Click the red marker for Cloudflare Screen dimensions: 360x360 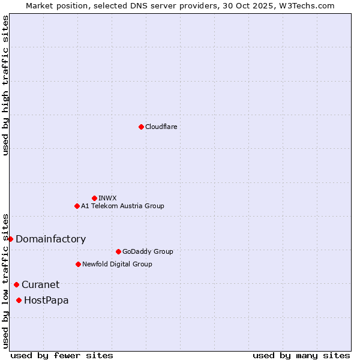141,127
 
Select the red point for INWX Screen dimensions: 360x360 94,198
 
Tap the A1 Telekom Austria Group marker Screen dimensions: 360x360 77,206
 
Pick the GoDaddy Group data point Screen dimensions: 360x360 118,251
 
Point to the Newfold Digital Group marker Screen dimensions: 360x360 78,264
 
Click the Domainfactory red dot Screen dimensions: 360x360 10,239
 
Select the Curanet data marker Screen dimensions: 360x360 16,284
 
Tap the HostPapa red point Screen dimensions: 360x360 19,300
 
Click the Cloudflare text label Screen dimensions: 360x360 161,127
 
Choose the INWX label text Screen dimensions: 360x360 107,198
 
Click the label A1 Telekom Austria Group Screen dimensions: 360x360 122,206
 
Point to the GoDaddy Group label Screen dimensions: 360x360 148,251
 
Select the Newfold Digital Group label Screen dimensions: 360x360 117,264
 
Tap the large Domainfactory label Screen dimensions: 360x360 50,239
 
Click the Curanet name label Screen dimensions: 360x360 40,284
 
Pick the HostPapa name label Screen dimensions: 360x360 46,300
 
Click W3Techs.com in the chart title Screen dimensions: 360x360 310,5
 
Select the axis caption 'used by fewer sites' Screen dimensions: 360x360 62,355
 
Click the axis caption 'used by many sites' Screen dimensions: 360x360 301,355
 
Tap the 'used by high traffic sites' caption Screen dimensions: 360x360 5,85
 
